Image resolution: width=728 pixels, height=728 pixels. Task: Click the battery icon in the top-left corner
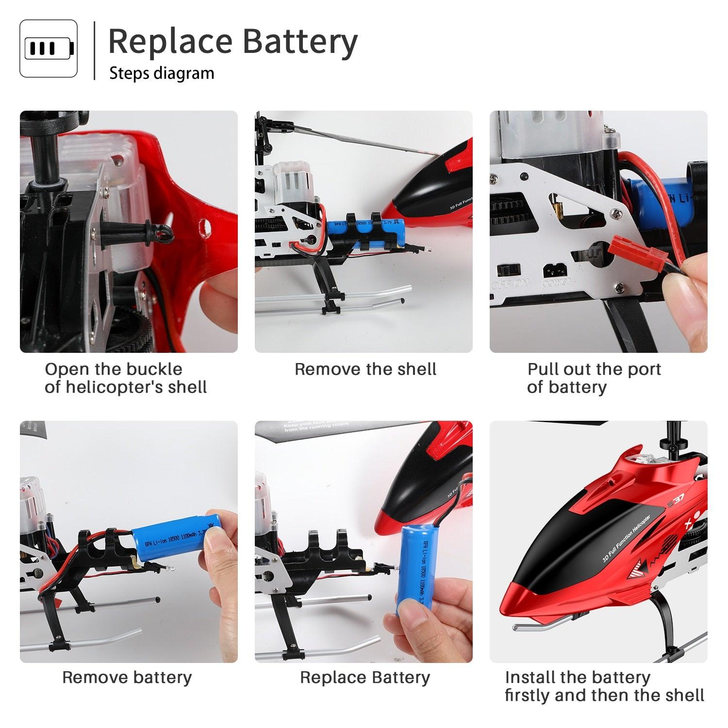(x=49, y=49)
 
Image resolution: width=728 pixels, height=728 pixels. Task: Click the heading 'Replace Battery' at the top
(x=232, y=42)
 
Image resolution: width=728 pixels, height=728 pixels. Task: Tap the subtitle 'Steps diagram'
(x=162, y=73)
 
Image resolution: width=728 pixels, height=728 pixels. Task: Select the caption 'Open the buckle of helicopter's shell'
(x=126, y=378)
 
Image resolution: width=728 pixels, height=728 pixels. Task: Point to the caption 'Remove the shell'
(x=365, y=369)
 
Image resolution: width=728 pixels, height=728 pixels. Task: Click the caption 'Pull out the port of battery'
(x=594, y=378)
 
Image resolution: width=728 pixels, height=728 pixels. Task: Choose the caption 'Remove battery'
(x=127, y=678)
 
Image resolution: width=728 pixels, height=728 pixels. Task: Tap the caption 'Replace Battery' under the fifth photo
(x=365, y=678)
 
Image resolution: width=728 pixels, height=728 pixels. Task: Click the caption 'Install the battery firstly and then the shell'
(x=604, y=686)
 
